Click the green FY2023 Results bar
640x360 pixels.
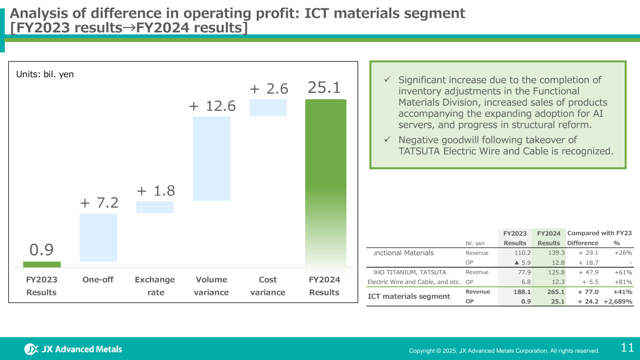(x=42, y=264)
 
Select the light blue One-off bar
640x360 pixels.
(x=98, y=237)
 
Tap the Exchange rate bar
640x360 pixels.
(x=155, y=207)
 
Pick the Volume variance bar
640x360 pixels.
(x=211, y=158)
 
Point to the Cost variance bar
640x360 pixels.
(x=268, y=108)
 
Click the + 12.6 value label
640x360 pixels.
(x=212, y=106)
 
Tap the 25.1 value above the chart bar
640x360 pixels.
(x=324, y=88)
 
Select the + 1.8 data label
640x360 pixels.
(x=156, y=191)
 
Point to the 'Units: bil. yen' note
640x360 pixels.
(x=45, y=74)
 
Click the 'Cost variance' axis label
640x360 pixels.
(x=268, y=286)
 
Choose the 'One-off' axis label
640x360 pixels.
(x=98, y=280)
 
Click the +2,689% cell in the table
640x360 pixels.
(x=618, y=302)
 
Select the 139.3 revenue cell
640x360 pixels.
(x=556, y=253)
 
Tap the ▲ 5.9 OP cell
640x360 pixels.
(x=522, y=263)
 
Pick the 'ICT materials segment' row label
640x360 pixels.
(x=409, y=296)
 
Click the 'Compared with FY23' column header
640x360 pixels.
(x=599, y=233)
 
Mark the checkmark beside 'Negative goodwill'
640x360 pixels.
(x=387, y=140)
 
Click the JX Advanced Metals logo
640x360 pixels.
(x=73, y=349)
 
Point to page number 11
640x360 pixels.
(x=627, y=348)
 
